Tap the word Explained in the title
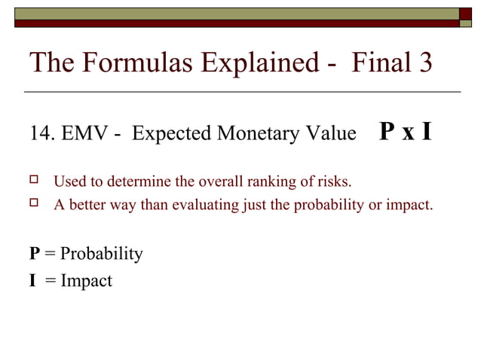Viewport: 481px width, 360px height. click(x=255, y=63)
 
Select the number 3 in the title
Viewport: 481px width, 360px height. click(x=424, y=63)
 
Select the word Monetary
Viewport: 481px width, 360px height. click(x=255, y=134)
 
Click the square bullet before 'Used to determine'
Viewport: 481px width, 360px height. click(x=34, y=181)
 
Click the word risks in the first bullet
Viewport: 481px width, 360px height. click(x=333, y=182)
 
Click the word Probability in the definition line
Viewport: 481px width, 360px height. click(x=101, y=254)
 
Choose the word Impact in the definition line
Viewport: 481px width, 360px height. click(x=87, y=281)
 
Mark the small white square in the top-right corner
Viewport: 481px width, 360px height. click(x=467, y=13)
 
